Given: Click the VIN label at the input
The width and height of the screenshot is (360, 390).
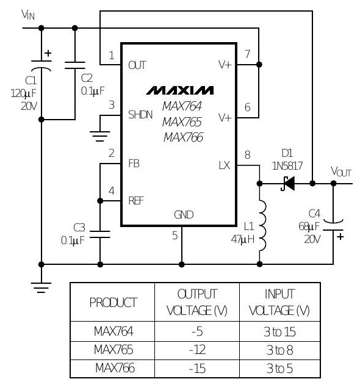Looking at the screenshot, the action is (x=28, y=15).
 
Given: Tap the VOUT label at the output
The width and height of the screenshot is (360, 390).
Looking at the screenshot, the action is (x=341, y=172).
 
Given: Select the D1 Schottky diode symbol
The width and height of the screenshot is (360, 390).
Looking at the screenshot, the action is (x=288, y=184).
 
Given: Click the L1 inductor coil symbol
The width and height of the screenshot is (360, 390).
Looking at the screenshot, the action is (x=262, y=225).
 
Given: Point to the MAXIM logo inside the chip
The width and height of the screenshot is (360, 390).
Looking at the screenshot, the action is (x=179, y=90).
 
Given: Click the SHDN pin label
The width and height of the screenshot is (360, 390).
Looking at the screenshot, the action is (x=140, y=115).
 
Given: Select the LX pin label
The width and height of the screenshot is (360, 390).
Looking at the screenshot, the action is (x=225, y=165).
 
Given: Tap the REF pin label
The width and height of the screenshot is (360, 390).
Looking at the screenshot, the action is (x=136, y=200).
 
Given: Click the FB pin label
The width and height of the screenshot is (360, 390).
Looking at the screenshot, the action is (x=134, y=164).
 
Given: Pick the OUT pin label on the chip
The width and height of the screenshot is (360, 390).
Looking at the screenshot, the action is (x=137, y=65).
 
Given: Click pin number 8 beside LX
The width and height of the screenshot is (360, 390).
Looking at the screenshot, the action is (x=247, y=154).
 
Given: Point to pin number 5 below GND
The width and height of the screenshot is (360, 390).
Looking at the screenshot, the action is (x=175, y=236).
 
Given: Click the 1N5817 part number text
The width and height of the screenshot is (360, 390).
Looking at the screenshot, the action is (x=287, y=166).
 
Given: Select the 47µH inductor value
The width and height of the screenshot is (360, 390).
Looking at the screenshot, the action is (x=243, y=239).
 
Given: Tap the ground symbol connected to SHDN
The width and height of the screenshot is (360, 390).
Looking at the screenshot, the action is (x=99, y=136).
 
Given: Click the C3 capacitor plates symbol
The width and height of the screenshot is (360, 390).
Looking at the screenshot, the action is (x=99, y=234).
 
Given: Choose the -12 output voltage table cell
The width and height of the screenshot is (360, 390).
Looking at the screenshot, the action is (x=197, y=350).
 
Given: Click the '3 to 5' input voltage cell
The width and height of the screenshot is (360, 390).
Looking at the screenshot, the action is (x=279, y=369).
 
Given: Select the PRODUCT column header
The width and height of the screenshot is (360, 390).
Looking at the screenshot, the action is (x=113, y=303).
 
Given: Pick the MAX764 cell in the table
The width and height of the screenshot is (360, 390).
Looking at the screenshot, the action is (x=113, y=331).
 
